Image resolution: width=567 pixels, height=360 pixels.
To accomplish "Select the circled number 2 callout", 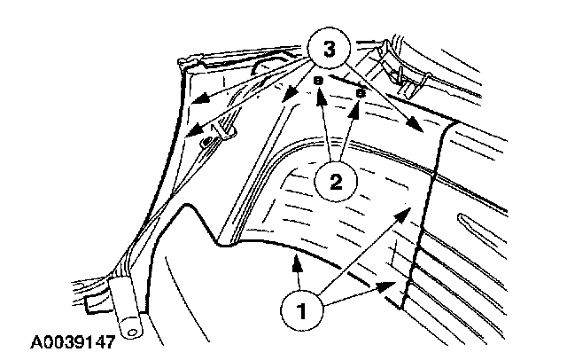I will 334,183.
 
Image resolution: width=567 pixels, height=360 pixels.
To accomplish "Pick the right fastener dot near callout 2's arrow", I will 361,90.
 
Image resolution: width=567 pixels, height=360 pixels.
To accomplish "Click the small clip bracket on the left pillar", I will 209,140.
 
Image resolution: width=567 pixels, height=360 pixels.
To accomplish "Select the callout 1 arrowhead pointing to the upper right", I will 406,209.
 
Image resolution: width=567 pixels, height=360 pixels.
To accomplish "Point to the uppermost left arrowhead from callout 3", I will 197,103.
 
